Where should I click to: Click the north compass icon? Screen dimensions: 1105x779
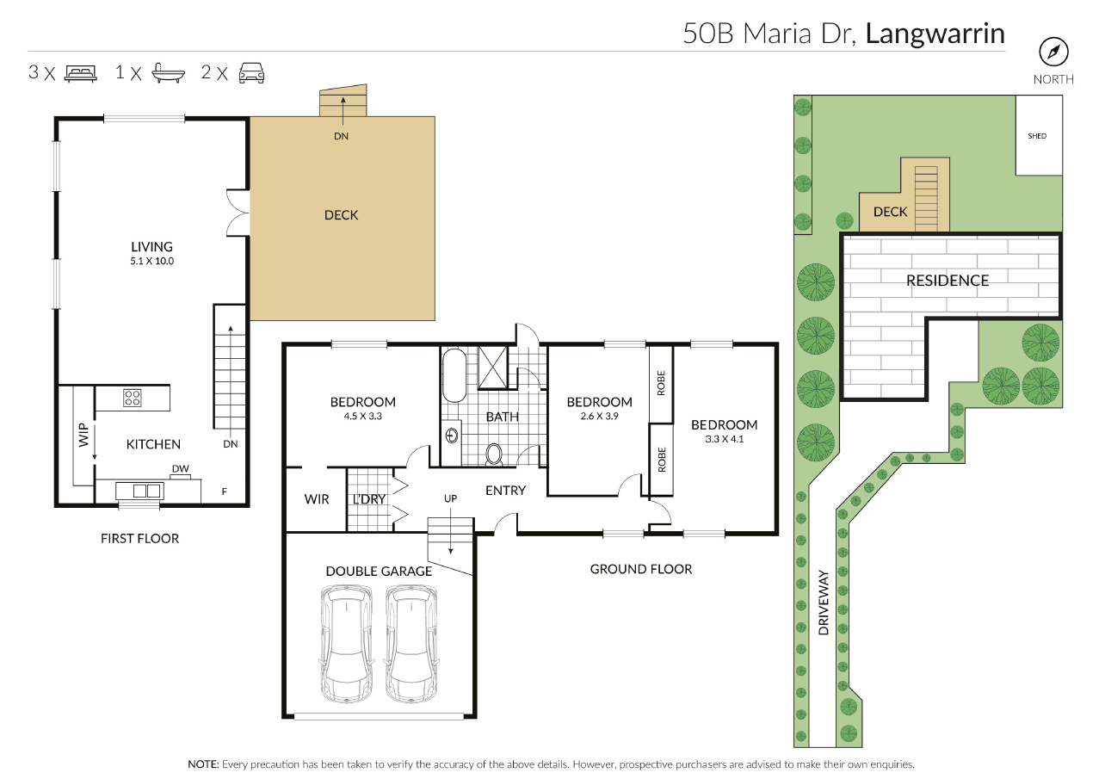(1053, 52)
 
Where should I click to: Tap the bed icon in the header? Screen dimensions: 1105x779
(81, 73)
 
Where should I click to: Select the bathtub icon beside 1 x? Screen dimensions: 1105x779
(168, 73)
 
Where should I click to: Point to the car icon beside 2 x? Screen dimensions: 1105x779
(251, 73)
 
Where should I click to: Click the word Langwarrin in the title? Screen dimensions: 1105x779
(935, 34)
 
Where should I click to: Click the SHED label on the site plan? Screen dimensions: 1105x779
(1037, 136)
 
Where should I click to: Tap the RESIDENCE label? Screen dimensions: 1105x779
(948, 281)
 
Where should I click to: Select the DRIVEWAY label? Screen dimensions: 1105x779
(824, 603)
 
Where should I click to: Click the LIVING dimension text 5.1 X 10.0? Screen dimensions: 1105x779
(152, 261)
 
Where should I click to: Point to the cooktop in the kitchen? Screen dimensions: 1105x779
(133, 398)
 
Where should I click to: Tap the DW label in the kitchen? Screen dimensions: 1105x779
(181, 468)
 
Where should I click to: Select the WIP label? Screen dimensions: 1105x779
(83, 435)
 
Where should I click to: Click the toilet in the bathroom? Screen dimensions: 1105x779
(494, 454)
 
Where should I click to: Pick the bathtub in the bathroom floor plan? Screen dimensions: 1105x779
(454, 376)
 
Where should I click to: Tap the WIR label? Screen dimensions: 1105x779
(317, 499)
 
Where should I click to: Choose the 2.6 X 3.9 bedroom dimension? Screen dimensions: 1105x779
(599, 416)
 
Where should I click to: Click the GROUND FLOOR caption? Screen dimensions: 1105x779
(641, 569)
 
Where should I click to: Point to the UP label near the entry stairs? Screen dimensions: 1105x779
(450, 498)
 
